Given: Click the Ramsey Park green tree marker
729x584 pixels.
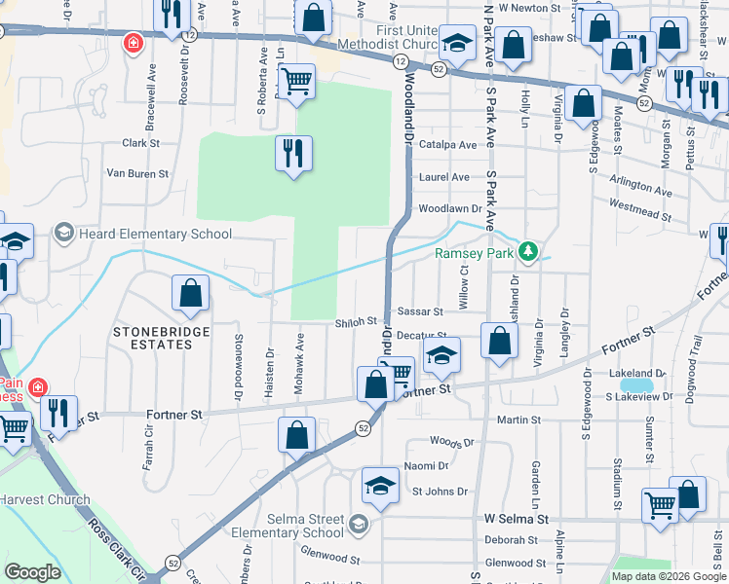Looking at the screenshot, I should point(528,253).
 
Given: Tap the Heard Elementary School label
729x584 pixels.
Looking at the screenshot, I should point(155,234).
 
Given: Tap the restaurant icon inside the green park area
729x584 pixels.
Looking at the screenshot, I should point(292,154).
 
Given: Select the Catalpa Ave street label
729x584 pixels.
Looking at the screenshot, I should point(447,144).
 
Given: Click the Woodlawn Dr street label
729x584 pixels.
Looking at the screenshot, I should point(450,208).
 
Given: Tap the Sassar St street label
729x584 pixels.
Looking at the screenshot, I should point(420,312).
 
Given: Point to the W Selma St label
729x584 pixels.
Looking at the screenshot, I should point(517,521).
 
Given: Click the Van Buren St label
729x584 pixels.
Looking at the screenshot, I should point(137,174).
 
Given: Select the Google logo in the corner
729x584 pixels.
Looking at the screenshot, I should point(32,572).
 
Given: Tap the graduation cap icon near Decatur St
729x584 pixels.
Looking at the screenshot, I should point(441,356).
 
